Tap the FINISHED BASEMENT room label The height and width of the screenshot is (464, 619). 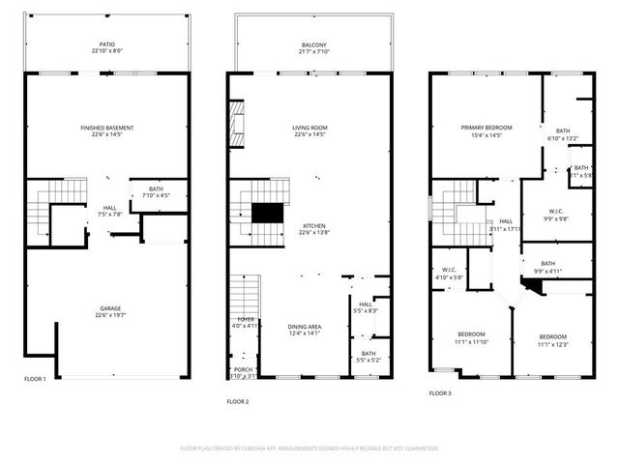pyautogui.click(x=107, y=128)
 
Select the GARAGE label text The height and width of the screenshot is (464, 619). pyautogui.click(x=107, y=308)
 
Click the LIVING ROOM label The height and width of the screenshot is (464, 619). pyautogui.click(x=310, y=128)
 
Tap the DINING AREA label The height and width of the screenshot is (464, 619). pyautogui.click(x=304, y=327)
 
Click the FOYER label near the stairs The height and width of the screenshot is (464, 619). pyautogui.click(x=246, y=319)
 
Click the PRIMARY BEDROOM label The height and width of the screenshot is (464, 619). pyautogui.click(x=486, y=128)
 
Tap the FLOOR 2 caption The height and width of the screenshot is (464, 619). pyautogui.click(x=238, y=400)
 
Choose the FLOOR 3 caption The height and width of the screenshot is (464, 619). pyautogui.click(x=439, y=393)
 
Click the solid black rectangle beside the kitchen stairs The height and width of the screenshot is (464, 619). pyautogui.click(x=266, y=214)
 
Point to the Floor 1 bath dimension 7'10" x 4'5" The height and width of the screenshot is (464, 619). pyautogui.click(x=155, y=196)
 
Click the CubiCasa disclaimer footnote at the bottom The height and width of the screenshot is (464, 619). pyautogui.click(x=309, y=449)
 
